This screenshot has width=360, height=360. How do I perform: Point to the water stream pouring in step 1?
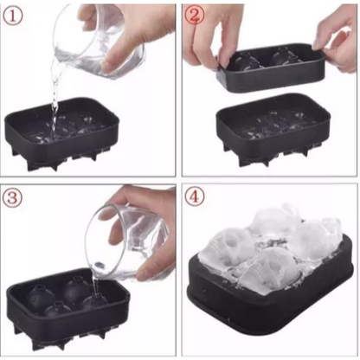coord(54,104)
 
